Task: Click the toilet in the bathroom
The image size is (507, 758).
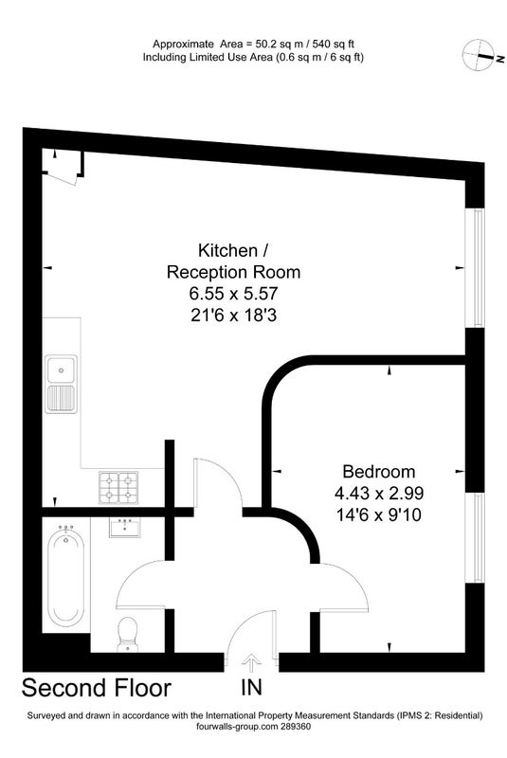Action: tap(128, 634)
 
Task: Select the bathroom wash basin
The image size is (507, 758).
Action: tap(125, 528)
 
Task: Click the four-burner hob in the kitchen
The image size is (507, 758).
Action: tap(118, 487)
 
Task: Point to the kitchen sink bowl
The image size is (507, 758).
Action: tap(62, 370)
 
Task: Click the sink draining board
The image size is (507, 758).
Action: tap(62, 399)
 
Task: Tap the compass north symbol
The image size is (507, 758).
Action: tap(478, 55)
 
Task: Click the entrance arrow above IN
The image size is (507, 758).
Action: tap(251, 664)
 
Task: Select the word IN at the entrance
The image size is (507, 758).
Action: tap(252, 687)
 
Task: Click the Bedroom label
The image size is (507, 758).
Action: tap(378, 471)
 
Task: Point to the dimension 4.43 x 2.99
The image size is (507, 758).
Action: tap(378, 493)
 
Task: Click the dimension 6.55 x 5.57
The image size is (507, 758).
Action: tap(233, 294)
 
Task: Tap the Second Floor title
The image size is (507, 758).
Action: tap(97, 688)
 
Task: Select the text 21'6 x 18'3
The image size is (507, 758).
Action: tap(233, 316)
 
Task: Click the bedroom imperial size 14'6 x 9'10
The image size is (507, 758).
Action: tap(378, 514)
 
